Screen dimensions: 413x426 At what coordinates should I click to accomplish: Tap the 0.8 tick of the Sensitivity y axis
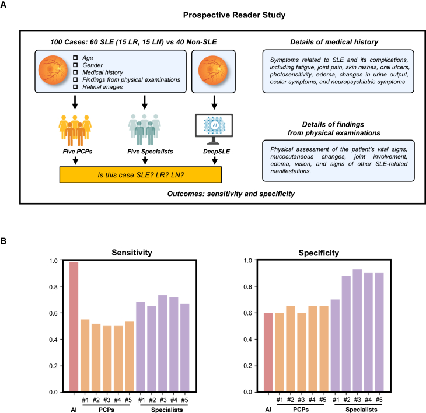click(x=58, y=287)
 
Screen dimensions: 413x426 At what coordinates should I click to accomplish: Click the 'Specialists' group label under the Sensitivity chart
click(x=163, y=411)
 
